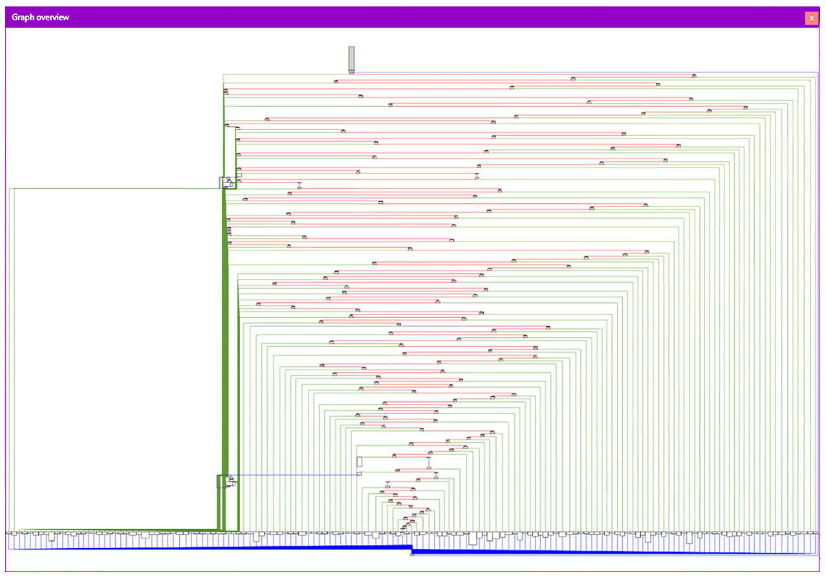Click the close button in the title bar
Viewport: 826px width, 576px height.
click(811, 18)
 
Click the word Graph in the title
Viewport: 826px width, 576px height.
click(23, 17)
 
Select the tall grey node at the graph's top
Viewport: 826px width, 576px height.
click(351, 60)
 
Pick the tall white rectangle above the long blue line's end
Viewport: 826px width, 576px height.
click(359, 461)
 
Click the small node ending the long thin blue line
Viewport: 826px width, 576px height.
click(359, 474)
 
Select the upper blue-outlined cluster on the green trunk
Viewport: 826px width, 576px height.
click(228, 183)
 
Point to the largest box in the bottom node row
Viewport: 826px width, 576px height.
click(473, 538)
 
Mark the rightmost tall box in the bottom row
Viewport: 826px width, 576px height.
click(689, 538)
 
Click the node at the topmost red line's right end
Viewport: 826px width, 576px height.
click(694, 76)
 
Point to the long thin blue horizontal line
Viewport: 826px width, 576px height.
click(294, 475)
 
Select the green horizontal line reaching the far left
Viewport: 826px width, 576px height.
click(114, 188)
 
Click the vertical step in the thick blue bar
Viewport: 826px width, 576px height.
click(411, 549)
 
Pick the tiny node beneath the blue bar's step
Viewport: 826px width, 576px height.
click(412, 554)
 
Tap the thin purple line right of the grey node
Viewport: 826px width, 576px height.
click(586, 72)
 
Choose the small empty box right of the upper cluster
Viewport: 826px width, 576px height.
click(239, 175)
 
